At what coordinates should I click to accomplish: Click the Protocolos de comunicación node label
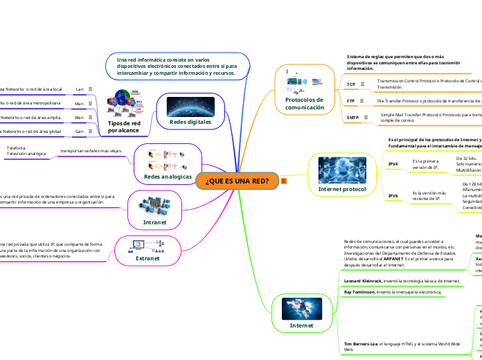[305, 104]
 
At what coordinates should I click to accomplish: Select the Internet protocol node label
[341, 188]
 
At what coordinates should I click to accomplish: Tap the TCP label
[351, 84]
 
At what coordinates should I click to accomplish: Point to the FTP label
[351, 101]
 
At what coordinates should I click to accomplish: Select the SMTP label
[352, 118]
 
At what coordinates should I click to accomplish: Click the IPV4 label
[393, 163]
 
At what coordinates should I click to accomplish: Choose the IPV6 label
[393, 196]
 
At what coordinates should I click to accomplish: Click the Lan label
[80, 89]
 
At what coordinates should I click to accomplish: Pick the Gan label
[79, 131]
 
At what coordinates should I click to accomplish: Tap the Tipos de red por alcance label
[124, 127]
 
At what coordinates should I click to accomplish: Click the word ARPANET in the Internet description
[386, 258]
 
